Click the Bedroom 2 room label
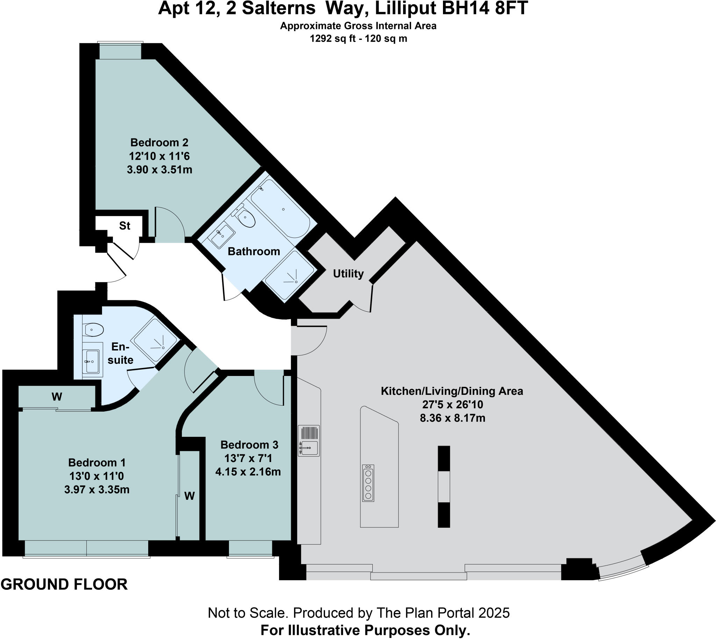tap(159, 143)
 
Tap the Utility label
tap(348, 274)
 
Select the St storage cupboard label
tap(124, 226)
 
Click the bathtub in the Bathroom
tap(280, 208)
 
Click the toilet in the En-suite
tap(94, 330)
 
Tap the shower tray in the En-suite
tap(155, 340)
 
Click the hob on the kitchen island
tap(368, 483)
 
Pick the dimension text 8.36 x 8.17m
tap(452, 418)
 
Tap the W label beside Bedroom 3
tap(189, 496)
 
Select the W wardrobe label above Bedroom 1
tap(57, 397)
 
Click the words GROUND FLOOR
tap(64, 584)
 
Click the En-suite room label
tap(120, 353)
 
